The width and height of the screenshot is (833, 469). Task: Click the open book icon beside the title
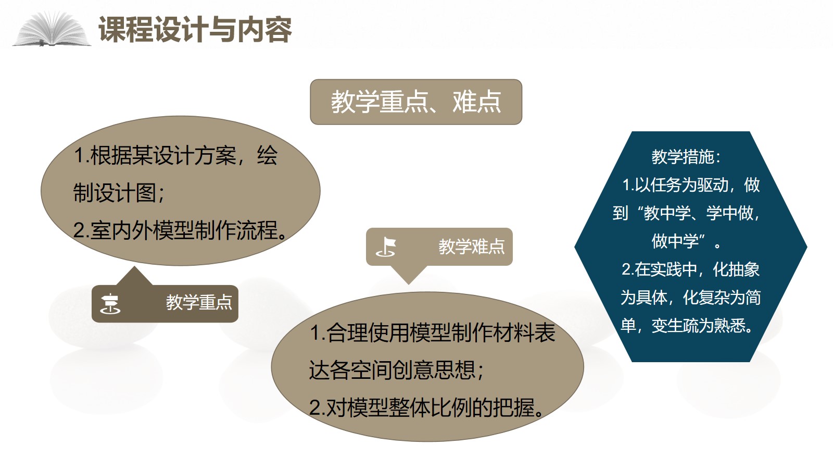click(52, 29)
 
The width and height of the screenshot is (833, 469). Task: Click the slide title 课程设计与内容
click(195, 29)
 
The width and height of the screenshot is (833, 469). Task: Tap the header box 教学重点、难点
click(416, 102)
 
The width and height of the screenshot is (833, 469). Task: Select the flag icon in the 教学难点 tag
click(386, 247)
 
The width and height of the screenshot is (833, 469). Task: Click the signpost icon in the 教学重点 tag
click(110, 304)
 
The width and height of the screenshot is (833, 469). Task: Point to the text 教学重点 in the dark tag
click(199, 302)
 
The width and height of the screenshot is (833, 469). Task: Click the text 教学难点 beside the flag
click(472, 246)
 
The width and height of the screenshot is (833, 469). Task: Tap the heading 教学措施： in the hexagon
click(686, 157)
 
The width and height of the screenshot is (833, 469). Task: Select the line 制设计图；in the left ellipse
click(119, 193)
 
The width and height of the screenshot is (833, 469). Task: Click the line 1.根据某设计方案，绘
click(175, 155)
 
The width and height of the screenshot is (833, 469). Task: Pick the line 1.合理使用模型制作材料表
click(432, 332)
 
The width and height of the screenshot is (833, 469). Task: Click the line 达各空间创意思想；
click(396, 370)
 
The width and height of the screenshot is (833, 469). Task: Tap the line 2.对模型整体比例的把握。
click(427, 407)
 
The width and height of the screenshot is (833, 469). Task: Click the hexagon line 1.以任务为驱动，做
click(691, 185)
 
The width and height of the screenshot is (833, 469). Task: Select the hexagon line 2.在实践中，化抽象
click(690, 269)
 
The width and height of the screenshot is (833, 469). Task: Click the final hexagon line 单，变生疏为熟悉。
click(687, 326)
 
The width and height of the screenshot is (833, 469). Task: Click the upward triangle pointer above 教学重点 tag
click(134, 277)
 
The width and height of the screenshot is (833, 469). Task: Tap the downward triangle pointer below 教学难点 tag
click(409, 275)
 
